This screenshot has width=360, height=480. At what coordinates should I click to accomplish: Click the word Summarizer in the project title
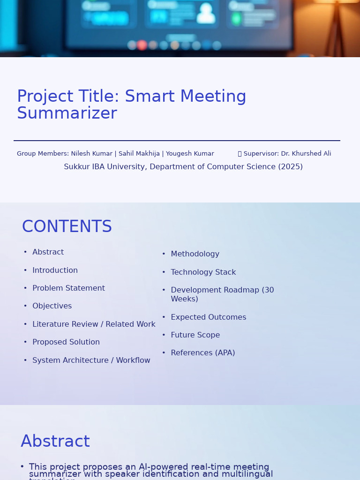pos(67,113)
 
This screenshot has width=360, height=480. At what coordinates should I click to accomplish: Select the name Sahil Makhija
pos(139,154)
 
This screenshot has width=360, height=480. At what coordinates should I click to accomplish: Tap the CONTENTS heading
pos(67,227)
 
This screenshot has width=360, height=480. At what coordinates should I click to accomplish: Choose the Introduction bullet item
pos(55,270)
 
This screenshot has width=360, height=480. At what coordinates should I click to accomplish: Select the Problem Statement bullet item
pos(68,288)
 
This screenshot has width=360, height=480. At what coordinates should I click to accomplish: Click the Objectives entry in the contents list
pos(52,306)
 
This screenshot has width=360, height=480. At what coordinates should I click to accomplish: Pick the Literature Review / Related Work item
pos(94,324)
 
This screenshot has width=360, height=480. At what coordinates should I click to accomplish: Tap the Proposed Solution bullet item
pos(66,342)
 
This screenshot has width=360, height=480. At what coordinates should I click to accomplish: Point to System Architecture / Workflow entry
pos(91,360)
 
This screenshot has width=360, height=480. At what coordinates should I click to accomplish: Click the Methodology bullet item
pos(195,254)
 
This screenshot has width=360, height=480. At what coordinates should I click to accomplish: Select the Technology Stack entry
pos(203,272)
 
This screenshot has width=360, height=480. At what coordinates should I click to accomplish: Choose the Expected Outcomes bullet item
pos(209,317)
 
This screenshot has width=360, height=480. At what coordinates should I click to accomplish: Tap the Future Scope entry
pos(195,335)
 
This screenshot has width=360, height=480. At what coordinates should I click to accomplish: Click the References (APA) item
pos(203,353)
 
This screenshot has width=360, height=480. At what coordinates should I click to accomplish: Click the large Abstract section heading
pos(55,442)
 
